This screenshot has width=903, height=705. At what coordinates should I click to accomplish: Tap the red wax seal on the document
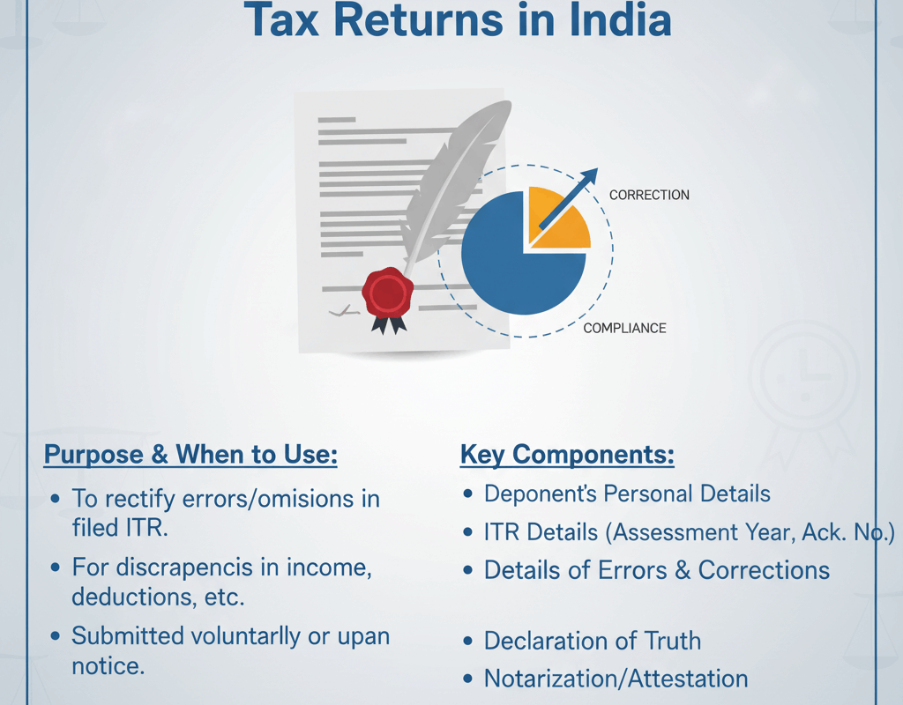pos(388,293)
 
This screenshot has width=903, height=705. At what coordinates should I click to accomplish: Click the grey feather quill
pos(455,184)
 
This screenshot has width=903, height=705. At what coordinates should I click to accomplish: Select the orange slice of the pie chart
pos(557,219)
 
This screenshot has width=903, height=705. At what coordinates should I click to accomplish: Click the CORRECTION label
pos(649,195)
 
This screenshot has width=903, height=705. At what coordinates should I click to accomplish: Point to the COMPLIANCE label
pos(625,328)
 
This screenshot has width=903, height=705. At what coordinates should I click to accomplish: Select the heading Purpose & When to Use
pos(190,455)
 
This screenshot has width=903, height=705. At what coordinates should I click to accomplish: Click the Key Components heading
pos(567,455)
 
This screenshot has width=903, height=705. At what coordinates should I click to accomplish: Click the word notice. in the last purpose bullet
pos(108,666)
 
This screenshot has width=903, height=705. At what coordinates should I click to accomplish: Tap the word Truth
pos(673,641)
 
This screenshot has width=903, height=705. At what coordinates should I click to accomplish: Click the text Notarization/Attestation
pos(616,679)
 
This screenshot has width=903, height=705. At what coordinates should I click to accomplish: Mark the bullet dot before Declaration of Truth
pos(468,642)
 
